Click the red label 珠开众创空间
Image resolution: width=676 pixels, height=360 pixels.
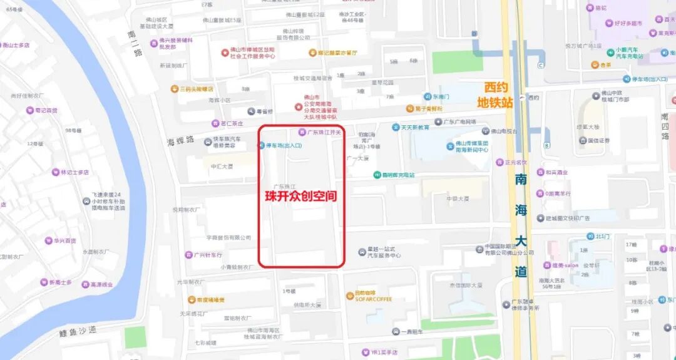click(300, 196)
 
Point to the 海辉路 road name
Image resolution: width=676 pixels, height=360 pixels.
click(181, 138)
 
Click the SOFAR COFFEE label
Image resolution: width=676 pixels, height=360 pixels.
click(374, 299)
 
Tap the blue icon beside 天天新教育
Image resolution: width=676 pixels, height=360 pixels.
click(396, 127)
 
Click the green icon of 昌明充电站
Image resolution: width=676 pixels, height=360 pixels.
click(377, 175)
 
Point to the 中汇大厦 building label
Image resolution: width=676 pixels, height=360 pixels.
click(222, 166)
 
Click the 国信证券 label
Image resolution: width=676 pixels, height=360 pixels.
click(598, 141)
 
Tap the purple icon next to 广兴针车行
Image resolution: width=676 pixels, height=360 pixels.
click(188, 255)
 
